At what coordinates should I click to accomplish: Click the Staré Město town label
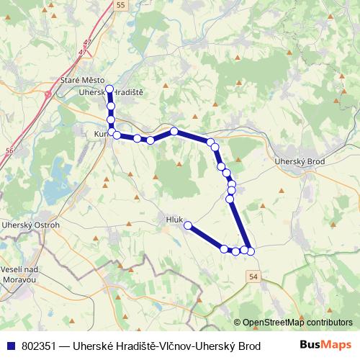83,80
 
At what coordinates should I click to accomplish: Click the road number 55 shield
120,4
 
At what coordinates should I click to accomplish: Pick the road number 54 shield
253,276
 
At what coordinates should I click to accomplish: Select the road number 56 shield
9,150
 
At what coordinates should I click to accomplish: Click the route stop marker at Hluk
188,225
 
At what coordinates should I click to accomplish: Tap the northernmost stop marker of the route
110,89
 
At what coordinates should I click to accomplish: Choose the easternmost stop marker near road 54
251,251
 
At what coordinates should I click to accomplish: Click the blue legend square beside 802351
9,344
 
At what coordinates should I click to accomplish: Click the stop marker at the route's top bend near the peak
174,131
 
